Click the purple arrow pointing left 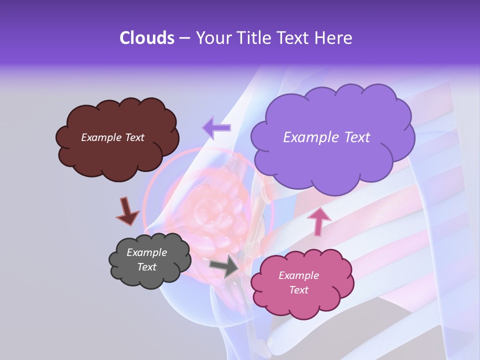pyautogui.click(x=216, y=127)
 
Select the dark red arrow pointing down pyautogui.click(x=127, y=210)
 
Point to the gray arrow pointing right pyautogui.click(x=224, y=265)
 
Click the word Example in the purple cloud pyautogui.click(x=310, y=137)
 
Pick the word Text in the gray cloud pyautogui.click(x=147, y=267)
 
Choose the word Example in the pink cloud pyautogui.click(x=298, y=275)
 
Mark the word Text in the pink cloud pyautogui.click(x=298, y=290)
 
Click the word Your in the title pyautogui.click(x=211, y=38)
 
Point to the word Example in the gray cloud pyautogui.click(x=147, y=252)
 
